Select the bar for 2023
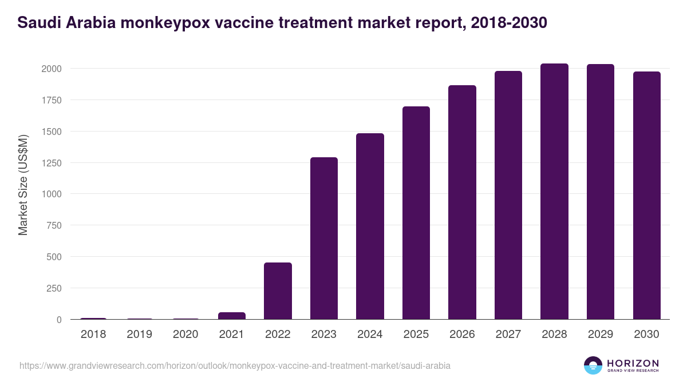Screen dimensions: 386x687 [x=324, y=238]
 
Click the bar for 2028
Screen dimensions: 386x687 [x=554, y=192]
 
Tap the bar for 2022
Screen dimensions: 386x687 [x=278, y=291]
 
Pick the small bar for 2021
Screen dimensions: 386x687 [x=232, y=316]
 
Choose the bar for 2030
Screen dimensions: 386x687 [x=646, y=196]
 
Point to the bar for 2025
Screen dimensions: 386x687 [x=416, y=213]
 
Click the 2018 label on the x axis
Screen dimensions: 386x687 [x=93, y=335]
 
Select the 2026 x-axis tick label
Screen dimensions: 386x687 [x=462, y=335]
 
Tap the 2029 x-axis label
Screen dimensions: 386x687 [x=601, y=335]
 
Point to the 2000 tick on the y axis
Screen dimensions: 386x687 [x=51, y=69]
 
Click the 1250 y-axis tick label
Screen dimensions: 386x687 [x=51, y=163]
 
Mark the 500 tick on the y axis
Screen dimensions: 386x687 [x=54, y=257]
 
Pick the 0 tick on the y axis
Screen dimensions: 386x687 [x=58, y=320]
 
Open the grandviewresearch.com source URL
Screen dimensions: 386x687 [x=235, y=365]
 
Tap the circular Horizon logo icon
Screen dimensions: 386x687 [x=593, y=365]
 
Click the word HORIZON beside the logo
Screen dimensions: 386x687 [x=633, y=363]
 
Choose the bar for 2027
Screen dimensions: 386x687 [x=508, y=195]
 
